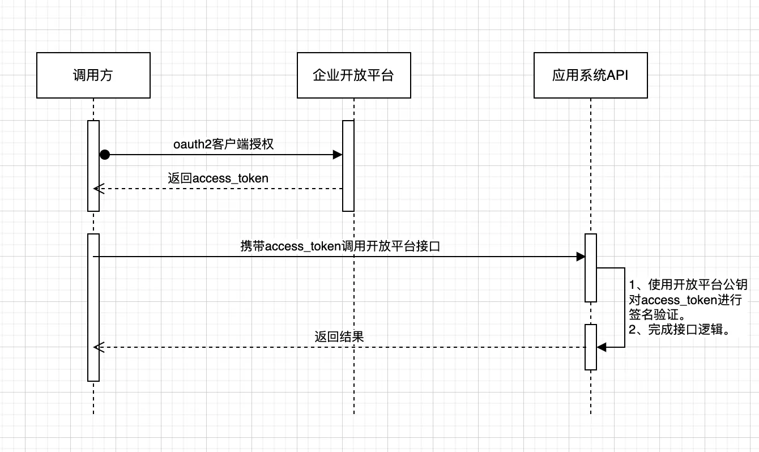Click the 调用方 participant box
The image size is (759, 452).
click(x=93, y=75)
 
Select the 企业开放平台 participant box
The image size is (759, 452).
click(x=353, y=75)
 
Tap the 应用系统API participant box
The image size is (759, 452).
click(x=590, y=75)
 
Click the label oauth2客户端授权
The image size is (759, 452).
click(x=223, y=144)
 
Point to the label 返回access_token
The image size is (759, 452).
click(x=218, y=178)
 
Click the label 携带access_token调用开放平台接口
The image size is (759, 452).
click(x=340, y=246)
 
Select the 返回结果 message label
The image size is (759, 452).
click(x=339, y=336)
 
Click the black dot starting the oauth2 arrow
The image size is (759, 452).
click(x=104, y=155)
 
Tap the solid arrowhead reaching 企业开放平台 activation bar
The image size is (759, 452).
click(x=338, y=155)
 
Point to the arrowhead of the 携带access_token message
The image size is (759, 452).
click(x=581, y=257)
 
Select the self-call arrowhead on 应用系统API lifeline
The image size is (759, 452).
click(x=602, y=347)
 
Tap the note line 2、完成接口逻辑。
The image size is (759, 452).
click(x=679, y=330)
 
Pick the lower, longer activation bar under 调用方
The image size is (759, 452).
click(x=93, y=307)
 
